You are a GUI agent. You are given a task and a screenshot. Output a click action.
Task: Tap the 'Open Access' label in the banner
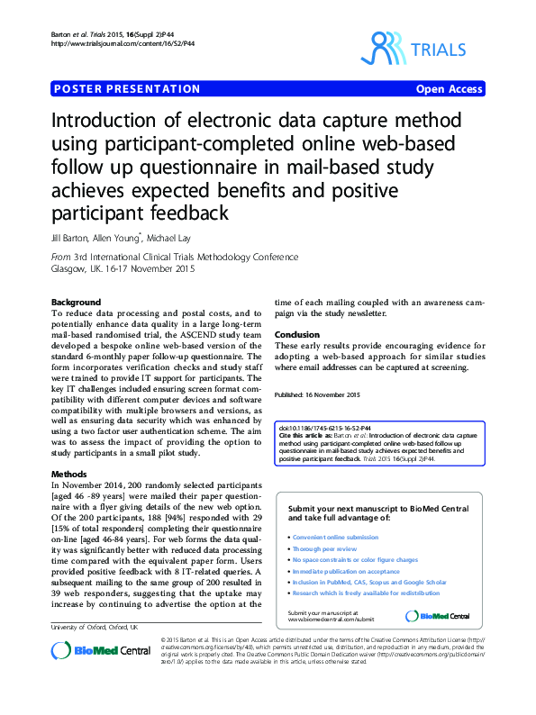(x=449, y=89)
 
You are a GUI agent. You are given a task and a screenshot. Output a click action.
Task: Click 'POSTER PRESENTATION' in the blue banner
(x=127, y=89)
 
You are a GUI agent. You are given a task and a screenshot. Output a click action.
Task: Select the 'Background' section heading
(x=76, y=301)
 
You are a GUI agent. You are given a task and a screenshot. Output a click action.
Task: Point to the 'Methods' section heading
(x=69, y=473)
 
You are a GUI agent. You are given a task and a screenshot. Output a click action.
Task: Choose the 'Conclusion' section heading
(x=296, y=335)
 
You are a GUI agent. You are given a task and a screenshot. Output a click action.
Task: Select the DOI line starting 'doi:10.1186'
(x=316, y=429)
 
